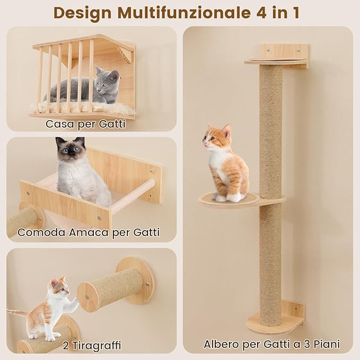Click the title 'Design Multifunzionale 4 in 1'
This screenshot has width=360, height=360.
(x=180, y=12)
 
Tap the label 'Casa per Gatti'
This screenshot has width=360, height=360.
(x=85, y=125)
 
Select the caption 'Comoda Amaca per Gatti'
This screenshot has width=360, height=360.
(x=88, y=232)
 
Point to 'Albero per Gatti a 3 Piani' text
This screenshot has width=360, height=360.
(x=271, y=344)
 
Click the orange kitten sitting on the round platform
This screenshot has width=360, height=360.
(x=227, y=164)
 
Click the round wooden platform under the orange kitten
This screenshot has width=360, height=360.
(x=228, y=200)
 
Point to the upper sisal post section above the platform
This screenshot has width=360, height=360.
(x=271, y=127)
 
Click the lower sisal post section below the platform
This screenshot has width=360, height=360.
(x=271, y=260)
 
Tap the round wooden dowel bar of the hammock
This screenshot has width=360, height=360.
(x=133, y=196)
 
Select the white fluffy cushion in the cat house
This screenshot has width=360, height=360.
(x=80, y=108)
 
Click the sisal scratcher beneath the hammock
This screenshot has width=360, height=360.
(x=24, y=221)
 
